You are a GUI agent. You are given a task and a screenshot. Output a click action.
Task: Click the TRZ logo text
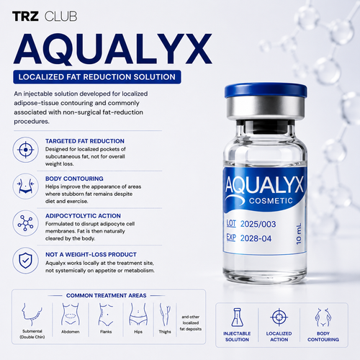click(x=25, y=17)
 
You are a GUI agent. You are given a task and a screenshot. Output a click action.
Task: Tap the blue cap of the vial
click(x=266, y=91)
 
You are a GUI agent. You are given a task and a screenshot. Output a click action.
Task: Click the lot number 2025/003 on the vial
click(x=258, y=224)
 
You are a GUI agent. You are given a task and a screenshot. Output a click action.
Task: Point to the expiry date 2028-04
click(x=256, y=238)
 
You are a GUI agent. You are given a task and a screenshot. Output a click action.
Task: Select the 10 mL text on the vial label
click(x=299, y=234)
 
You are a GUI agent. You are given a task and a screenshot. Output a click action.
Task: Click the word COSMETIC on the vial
click(x=271, y=201)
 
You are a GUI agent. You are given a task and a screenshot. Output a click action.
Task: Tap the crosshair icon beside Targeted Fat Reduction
click(x=26, y=150)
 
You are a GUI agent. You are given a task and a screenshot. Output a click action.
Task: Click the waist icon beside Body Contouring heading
click(x=26, y=186)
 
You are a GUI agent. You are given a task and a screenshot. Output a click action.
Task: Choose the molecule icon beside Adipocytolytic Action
click(x=26, y=223)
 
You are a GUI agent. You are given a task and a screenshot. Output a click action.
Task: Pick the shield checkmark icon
click(x=26, y=261)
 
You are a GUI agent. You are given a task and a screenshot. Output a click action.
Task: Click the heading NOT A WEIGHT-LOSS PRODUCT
click(x=91, y=254)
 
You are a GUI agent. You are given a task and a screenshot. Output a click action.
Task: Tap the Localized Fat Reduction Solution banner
click(x=97, y=77)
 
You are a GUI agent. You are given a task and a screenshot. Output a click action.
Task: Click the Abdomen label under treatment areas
click(x=71, y=332)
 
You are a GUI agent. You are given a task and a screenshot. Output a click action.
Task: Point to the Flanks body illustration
click(x=106, y=315)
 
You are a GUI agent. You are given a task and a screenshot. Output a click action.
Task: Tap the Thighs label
click(x=165, y=332)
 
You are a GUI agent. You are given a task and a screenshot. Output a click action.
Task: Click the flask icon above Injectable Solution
click(x=237, y=318)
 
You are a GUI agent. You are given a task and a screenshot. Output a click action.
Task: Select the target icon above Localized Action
click(x=279, y=317)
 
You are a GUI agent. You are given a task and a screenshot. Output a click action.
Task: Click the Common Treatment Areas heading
click(x=107, y=295)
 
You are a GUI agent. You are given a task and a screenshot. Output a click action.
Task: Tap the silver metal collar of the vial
click(x=266, y=108)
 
